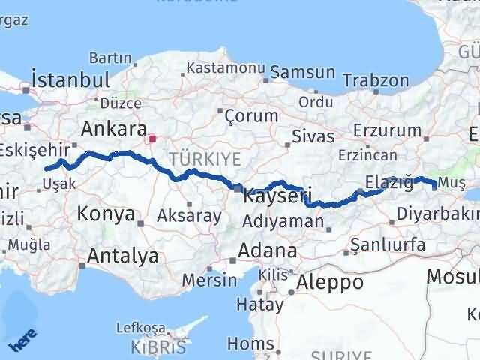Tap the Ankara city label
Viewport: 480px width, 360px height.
point(113,127)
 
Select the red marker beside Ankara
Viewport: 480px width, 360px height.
point(153,138)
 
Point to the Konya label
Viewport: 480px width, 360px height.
point(106,214)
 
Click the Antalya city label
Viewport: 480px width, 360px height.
point(122,256)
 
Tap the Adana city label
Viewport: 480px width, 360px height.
point(268,250)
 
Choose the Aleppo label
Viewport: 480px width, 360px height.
point(331,282)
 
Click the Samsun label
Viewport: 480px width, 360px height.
point(302,73)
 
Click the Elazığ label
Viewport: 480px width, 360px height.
point(388,181)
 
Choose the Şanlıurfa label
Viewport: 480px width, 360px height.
point(388,244)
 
